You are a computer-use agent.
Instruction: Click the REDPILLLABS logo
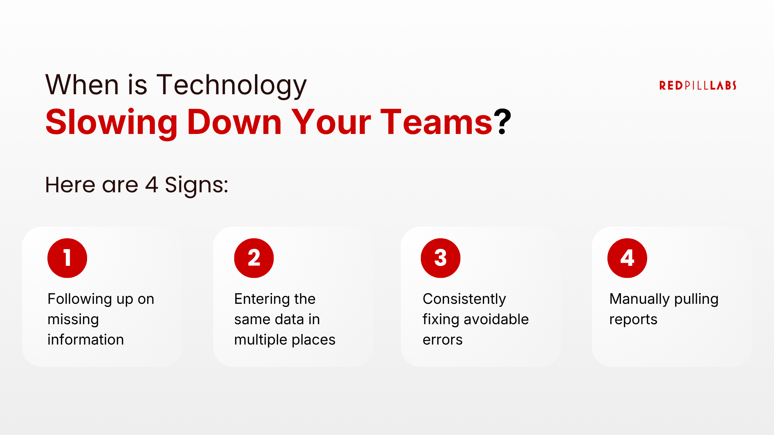[698, 85]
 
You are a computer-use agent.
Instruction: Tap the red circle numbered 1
[67, 258]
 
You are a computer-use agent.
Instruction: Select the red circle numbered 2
[254, 258]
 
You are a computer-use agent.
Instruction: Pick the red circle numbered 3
[441, 258]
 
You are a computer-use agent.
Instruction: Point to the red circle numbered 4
[627, 258]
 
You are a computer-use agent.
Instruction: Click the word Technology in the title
[232, 85]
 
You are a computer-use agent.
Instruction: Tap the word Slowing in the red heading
[112, 123]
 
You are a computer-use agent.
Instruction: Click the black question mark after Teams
[502, 122]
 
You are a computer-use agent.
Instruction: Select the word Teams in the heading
[436, 123]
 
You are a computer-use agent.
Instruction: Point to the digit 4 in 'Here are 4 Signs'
[152, 185]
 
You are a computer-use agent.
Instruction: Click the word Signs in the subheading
[196, 185]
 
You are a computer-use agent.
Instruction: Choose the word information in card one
[86, 340]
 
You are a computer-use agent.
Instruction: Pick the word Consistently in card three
[464, 299]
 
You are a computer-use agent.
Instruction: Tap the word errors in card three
[443, 340]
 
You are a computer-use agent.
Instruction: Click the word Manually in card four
[640, 299]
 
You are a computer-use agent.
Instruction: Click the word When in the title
[82, 85]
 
